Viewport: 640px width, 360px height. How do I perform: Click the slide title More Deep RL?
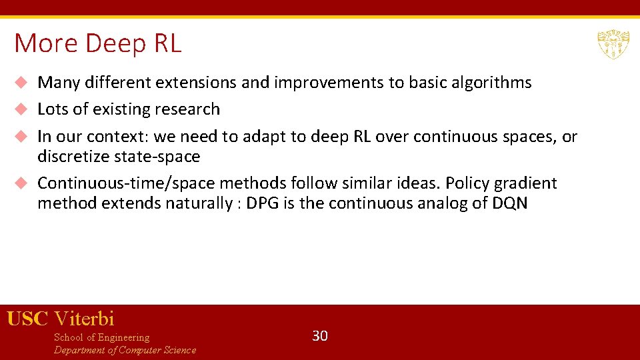click(97, 44)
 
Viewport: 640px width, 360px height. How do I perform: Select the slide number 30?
click(320, 336)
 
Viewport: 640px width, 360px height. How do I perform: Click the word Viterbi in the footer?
click(84, 319)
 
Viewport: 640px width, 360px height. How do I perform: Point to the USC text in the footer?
click(27, 319)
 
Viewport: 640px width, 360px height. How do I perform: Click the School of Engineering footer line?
click(101, 337)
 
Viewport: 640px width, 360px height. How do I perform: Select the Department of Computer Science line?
click(125, 350)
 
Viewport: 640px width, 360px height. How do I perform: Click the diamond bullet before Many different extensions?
click(21, 83)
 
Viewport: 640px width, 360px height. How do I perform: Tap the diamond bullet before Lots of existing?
click(21, 109)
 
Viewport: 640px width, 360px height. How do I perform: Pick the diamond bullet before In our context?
click(21, 137)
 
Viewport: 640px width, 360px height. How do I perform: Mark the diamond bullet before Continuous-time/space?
click(21, 183)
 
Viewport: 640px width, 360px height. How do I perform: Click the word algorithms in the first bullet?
click(491, 83)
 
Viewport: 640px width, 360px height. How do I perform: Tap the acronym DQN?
click(510, 203)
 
